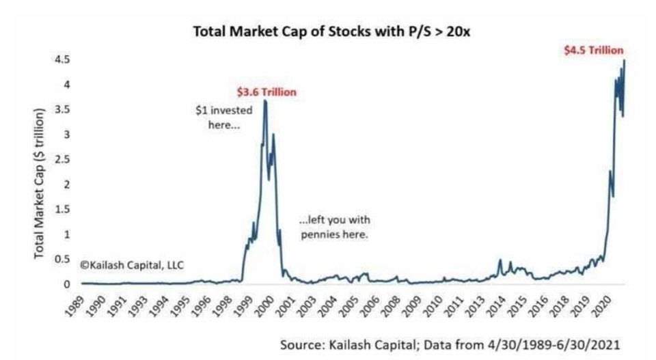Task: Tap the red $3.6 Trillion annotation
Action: tap(266, 92)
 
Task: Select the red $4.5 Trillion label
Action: tap(592, 50)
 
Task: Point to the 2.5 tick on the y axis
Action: tap(63, 159)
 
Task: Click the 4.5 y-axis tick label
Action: tap(63, 59)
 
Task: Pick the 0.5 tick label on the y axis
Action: tap(63, 259)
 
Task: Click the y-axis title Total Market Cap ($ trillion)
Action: tap(40, 183)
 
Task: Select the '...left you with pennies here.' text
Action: tap(334, 227)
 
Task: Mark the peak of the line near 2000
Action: tap(265, 101)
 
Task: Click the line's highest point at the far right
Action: tap(624, 60)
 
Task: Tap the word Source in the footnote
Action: tap(301, 345)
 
